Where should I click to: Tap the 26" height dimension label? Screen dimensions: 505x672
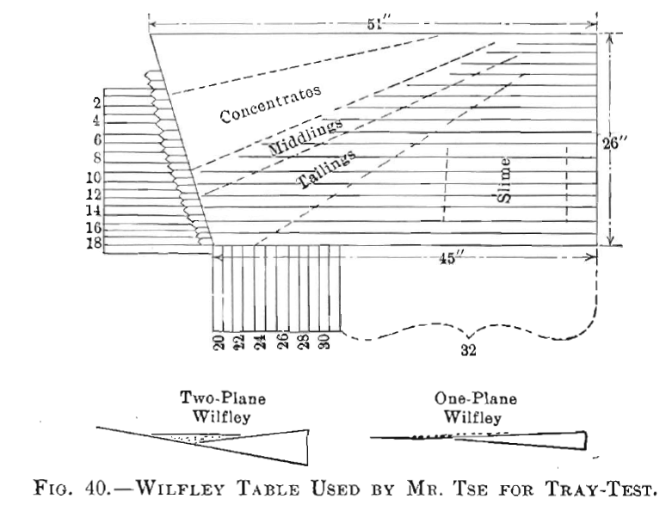[619, 144]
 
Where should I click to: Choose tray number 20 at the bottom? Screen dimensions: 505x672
[219, 342]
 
